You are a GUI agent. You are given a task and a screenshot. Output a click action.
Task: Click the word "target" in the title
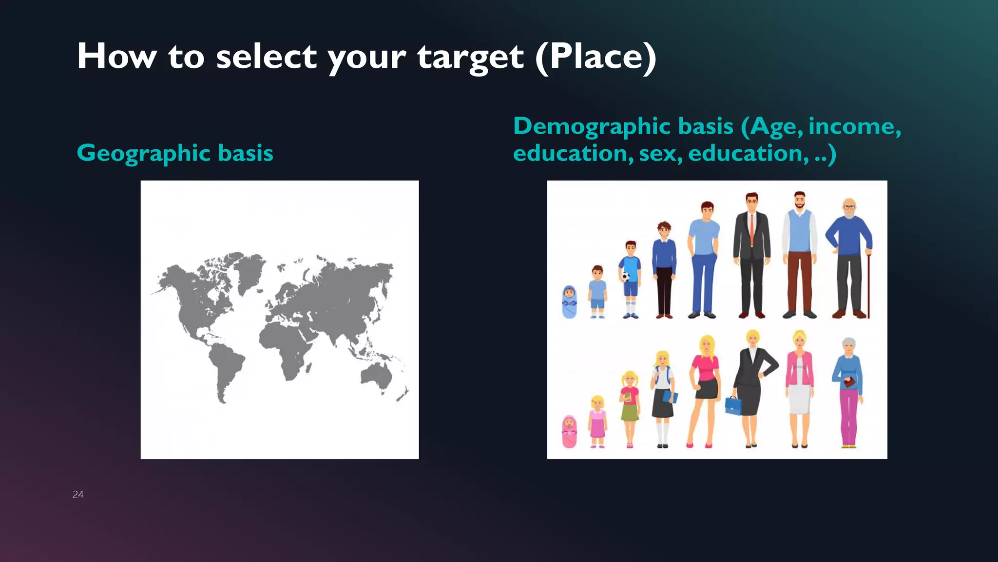(470, 57)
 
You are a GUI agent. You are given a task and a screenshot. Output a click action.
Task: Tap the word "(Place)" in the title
(595, 57)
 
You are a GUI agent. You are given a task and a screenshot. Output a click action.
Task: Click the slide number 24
(78, 495)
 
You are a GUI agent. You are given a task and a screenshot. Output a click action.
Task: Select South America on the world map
(225, 368)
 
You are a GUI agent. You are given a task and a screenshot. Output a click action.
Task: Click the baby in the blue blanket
(569, 302)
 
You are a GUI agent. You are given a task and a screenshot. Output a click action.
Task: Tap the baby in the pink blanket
(569, 431)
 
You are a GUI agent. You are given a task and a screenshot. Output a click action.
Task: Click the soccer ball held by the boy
(625, 277)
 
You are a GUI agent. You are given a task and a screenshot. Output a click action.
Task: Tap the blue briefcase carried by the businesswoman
(732, 405)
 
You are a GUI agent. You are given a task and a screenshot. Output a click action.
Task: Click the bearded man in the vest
(799, 254)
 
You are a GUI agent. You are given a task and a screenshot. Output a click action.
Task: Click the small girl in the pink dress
(597, 421)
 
